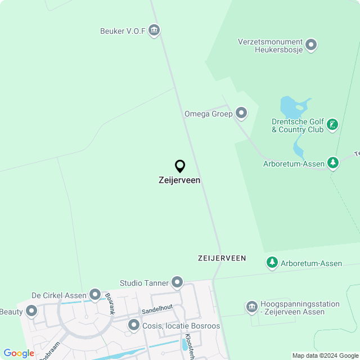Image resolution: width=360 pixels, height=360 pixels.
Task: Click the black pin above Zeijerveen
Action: coord(180,166)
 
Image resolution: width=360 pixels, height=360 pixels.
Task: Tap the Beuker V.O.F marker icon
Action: coord(154,30)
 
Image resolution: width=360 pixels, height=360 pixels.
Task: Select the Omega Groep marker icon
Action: coord(241,114)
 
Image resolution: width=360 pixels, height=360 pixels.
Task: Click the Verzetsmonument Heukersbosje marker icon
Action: coord(310,45)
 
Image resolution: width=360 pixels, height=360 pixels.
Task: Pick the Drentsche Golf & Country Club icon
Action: coord(332,125)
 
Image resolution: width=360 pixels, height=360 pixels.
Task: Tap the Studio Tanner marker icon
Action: coord(177,282)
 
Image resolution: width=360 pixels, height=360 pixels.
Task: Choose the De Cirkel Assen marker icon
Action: coord(94,295)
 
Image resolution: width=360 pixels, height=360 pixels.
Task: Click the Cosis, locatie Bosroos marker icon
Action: coord(134,325)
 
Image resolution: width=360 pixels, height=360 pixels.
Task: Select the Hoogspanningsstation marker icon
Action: coord(251,307)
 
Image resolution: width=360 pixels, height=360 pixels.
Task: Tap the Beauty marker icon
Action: coord(31,311)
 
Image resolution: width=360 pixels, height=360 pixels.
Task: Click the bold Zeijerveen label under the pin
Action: coord(179,181)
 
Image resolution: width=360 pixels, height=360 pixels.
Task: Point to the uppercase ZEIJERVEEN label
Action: coord(222,258)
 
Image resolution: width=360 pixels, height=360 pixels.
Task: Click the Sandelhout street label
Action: coord(157,308)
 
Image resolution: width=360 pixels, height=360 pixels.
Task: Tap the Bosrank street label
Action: coord(110,304)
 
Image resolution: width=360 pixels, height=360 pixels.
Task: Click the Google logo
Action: coord(19,353)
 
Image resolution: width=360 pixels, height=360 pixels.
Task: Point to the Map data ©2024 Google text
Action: coord(326,355)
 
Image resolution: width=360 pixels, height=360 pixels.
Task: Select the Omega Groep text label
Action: coord(208,114)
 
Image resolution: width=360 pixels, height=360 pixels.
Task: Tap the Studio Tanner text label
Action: coord(144,282)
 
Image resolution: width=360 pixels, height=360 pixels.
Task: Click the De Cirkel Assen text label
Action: coord(58,295)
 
